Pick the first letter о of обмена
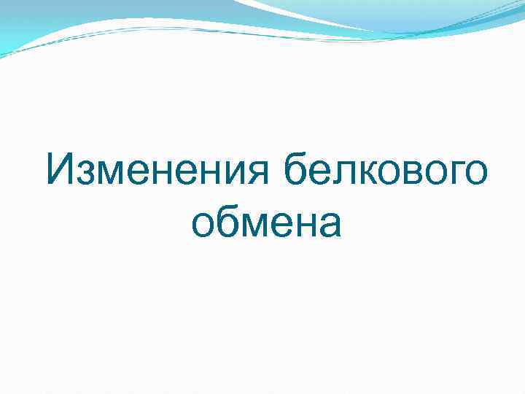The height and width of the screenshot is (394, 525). (205, 225)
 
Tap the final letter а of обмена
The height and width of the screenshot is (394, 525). (329, 225)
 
